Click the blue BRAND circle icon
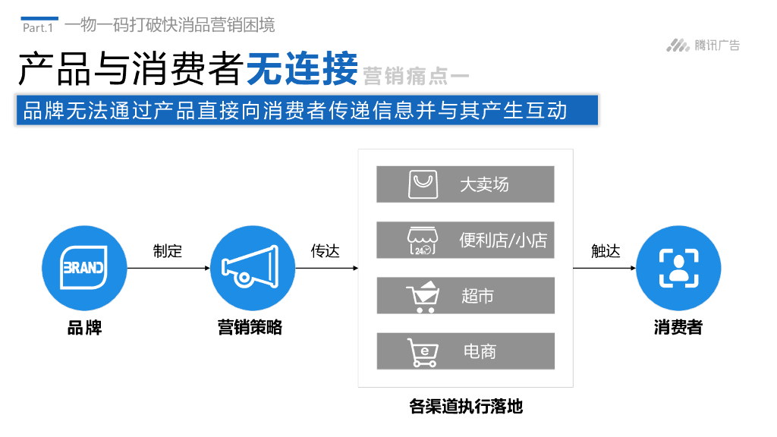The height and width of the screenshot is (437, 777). coord(84,268)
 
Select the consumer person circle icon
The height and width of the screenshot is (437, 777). coord(678,268)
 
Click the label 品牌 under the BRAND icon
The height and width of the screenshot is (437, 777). coord(84,328)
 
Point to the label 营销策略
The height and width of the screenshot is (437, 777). coord(250,328)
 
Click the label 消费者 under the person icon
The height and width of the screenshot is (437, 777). coord(678,328)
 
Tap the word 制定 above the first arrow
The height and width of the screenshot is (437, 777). coord(168,251)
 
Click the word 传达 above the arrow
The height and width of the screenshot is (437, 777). coord(326,251)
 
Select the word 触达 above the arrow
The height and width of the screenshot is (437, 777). coord(606,251)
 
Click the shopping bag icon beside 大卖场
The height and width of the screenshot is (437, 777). coord(423,184)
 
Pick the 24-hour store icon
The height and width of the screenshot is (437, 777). coord(423,241)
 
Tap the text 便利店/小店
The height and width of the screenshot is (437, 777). coord(502,241)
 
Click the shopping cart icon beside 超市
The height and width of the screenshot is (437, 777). coord(423,296)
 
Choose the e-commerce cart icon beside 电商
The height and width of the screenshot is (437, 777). coord(423,352)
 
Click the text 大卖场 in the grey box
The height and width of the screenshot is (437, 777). coord(484,184)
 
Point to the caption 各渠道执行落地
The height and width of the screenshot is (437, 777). coord(466,407)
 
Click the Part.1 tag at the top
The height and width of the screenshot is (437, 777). coord(38,27)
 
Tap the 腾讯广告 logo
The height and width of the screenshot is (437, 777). coord(703,46)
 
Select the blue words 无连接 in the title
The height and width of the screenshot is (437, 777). coord(302,70)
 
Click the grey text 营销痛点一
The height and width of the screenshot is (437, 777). coord(416,76)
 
